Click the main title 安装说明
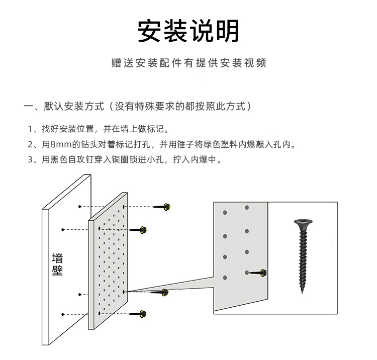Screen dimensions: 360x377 pos(189,31)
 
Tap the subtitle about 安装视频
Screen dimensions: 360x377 pos(189,63)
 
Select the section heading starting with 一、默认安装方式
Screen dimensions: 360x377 pos(138,106)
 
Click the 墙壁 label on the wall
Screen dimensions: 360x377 pos(58,264)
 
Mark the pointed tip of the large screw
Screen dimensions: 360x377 pos(303,292)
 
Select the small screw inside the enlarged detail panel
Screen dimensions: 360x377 pos(258,273)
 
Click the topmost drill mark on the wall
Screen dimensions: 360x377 pos(79,207)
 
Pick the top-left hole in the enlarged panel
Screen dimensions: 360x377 pos(226,213)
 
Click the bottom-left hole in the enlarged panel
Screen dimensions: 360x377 pos(225,277)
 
